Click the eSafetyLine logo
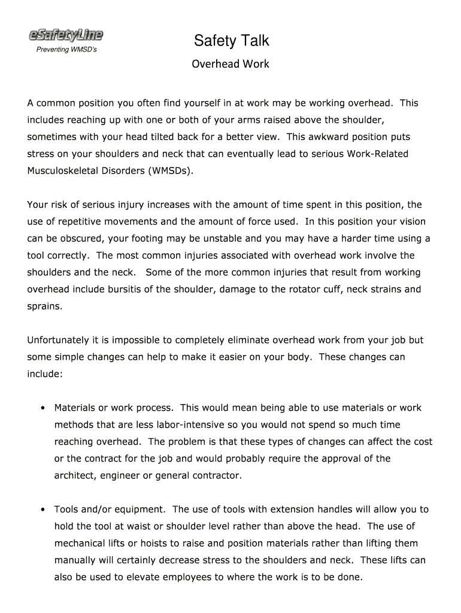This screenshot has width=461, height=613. coord(66,36)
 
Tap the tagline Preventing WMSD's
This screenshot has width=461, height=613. coord(66,50)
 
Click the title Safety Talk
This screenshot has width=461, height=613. coord(231,41)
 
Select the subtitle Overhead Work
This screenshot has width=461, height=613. coord(230,64)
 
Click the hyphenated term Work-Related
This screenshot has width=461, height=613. coord(377,154)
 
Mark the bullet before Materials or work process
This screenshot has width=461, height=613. coord(44,408)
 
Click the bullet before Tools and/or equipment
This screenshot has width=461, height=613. coord(44,510)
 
